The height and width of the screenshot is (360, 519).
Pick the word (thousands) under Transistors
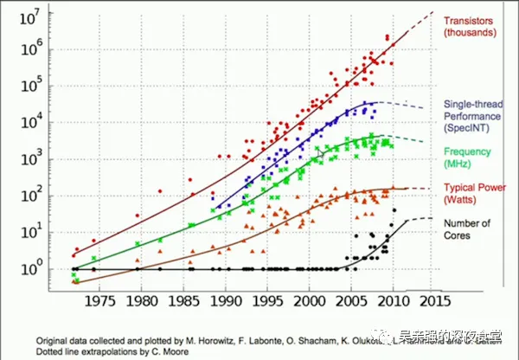coord(470,33)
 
